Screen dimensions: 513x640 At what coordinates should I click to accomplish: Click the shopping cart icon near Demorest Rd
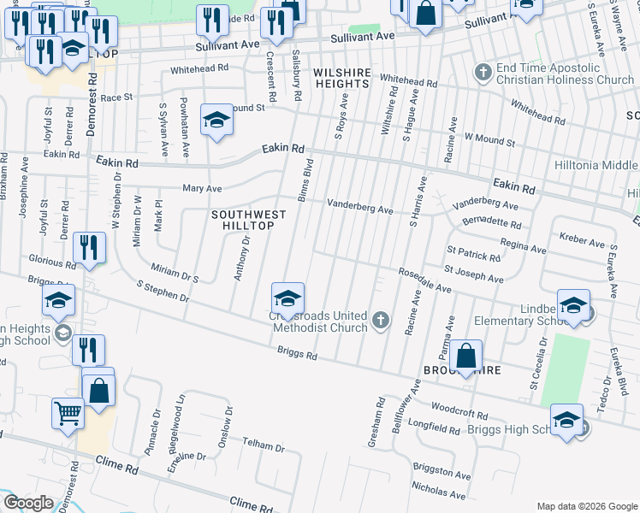tap(68, 414)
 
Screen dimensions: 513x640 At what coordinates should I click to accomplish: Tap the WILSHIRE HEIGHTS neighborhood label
tap(341, 78)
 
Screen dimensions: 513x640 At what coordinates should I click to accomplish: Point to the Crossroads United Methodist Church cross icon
tap(381, 322)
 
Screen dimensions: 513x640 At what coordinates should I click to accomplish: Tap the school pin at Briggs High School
tap(566, 420)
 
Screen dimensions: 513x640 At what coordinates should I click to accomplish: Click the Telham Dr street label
tap(263, 446)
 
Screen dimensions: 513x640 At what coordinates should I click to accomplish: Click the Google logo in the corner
tap(28, 503)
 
